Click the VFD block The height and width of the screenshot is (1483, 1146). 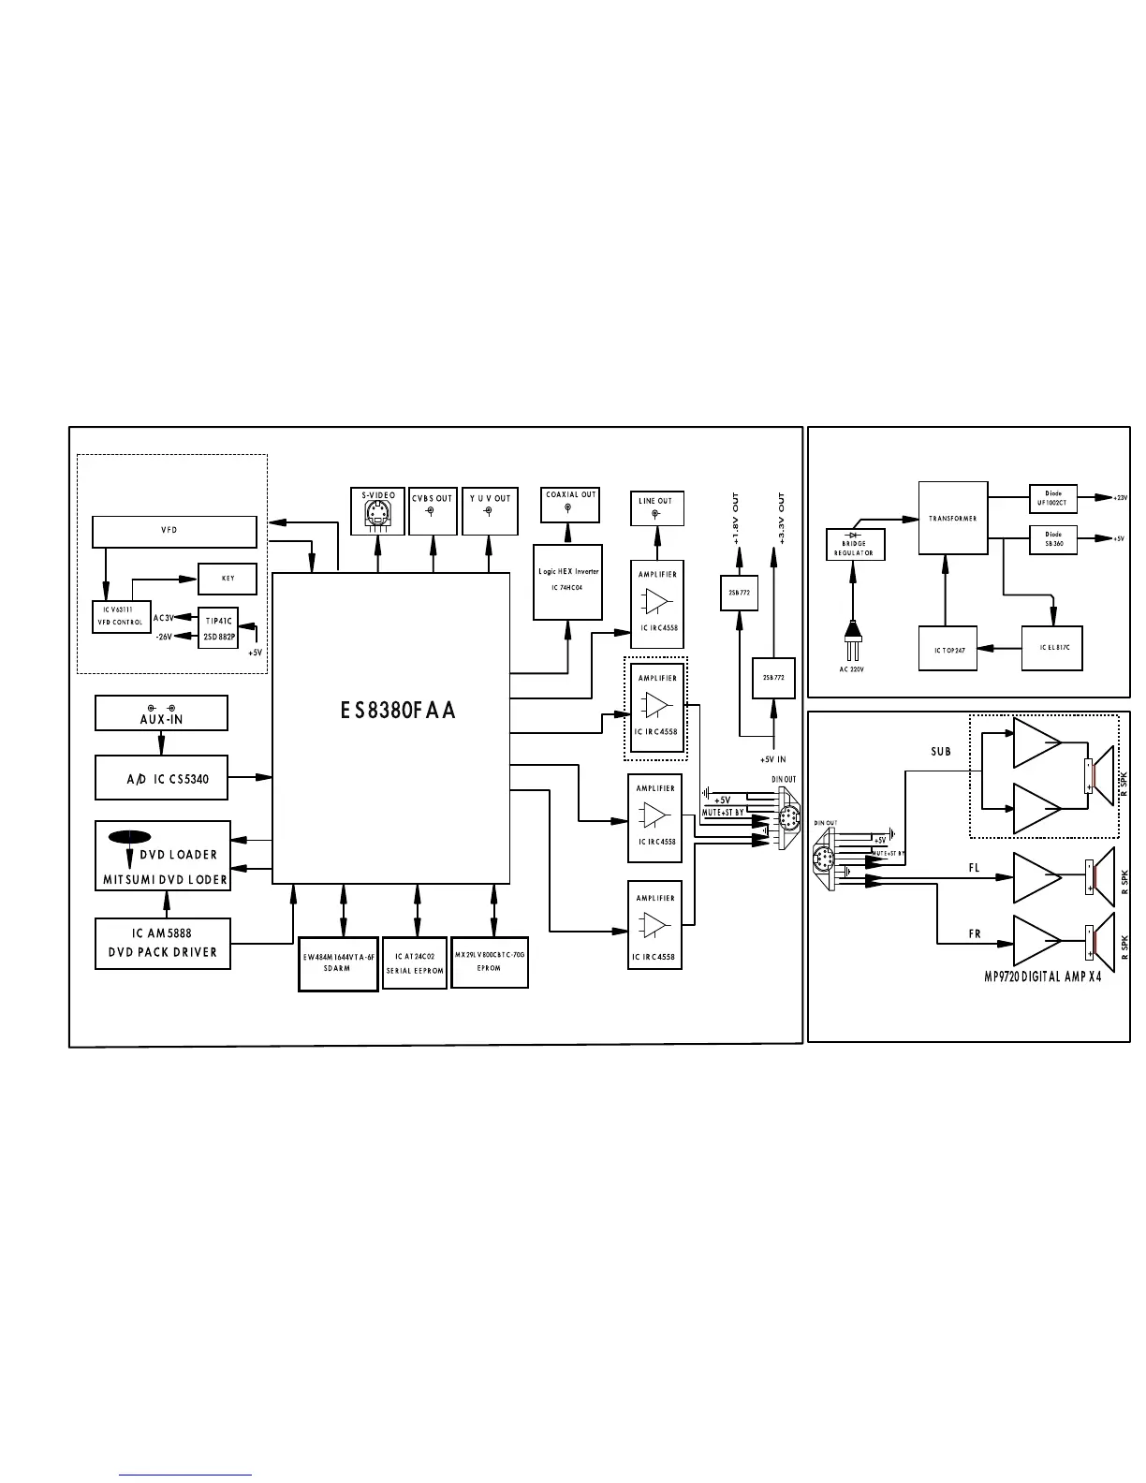click(x=174, y=532)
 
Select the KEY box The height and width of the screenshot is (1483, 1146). click(x=228, y=579)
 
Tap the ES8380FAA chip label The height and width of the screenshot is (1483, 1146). click(x=398, y=711)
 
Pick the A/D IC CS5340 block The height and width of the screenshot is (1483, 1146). click(x=161, y=778)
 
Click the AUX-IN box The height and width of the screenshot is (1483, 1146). click(x=161, y=713)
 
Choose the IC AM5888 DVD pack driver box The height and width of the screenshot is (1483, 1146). click(x=163, y=944)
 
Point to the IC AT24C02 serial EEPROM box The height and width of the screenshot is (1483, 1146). click(x=415, y=963)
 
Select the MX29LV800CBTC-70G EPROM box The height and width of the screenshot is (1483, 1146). click(x=490, y=962)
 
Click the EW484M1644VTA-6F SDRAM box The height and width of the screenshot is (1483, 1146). click(x=338, y=963)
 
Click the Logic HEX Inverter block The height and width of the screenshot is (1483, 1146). click(x=568, y=581)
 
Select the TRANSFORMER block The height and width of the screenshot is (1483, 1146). click(x=953, y=518)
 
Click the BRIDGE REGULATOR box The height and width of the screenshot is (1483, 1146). click(x=854, y=544)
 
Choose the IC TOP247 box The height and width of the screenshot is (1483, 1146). click(x=948, y=648)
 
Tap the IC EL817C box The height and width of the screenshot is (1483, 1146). click(x=1052, y=648)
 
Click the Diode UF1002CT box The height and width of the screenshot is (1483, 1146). click(x=1053, y=499)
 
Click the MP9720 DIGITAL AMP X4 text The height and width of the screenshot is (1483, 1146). click(x=1042, y=976)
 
